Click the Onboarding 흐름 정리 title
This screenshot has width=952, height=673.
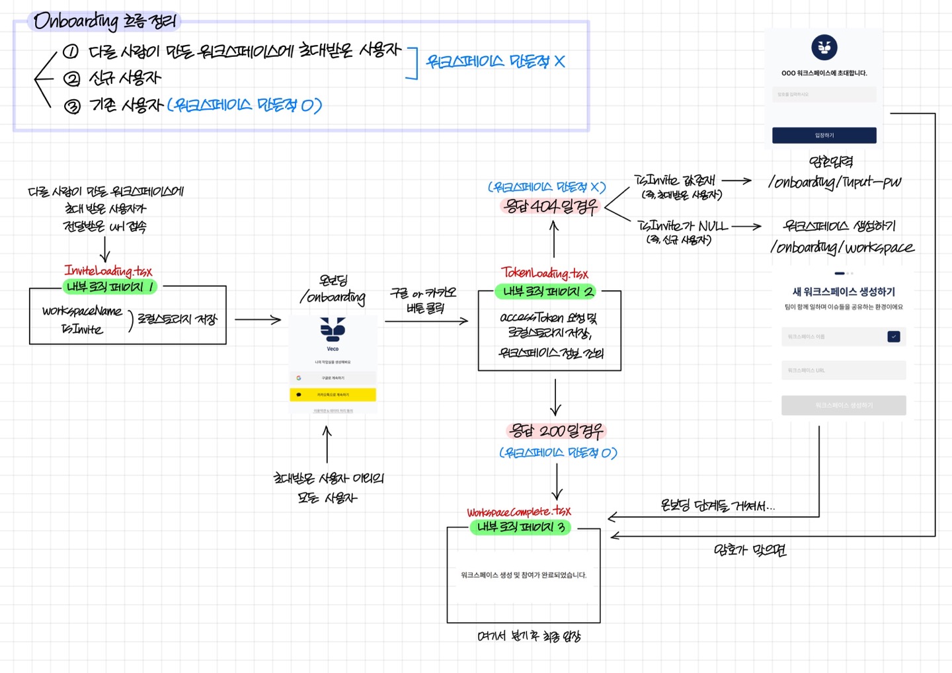(104, 21)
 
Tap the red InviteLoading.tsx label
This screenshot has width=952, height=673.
(108, 270)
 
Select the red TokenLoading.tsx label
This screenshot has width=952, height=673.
(544, 273)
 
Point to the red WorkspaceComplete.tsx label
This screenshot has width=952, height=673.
(519, 512)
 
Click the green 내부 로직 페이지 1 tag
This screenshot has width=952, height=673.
(110, 287)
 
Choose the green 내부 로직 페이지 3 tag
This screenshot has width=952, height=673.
(520, 527)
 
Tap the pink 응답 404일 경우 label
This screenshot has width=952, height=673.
(550, 207)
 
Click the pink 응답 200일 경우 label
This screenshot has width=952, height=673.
(556, 432)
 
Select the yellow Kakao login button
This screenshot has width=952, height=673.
(333, 395)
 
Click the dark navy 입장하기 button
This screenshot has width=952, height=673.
(824, 135)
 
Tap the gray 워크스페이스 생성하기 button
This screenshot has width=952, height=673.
(844, 405)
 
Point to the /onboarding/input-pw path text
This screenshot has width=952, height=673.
(834, 182)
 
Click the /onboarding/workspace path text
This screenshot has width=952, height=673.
(842, 247)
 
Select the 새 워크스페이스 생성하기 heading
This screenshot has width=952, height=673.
(844, 292)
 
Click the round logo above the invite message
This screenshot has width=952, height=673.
(824, 47)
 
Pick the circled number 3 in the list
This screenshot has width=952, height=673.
(72, 106)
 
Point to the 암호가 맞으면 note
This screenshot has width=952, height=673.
(750, 550)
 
